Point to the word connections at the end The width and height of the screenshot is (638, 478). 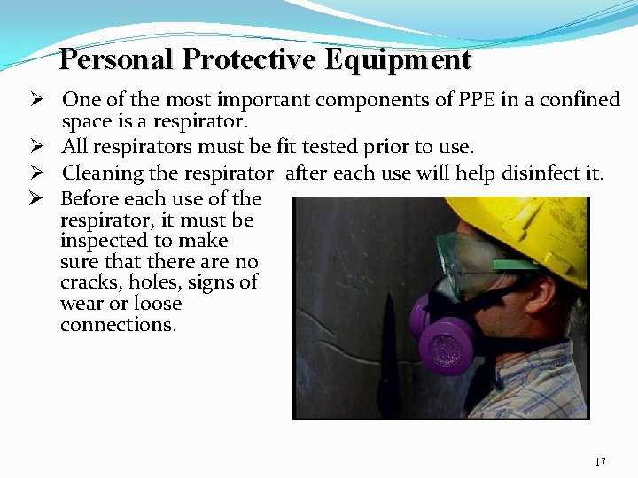point(118,324)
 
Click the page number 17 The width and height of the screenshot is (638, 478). point(601,461)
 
